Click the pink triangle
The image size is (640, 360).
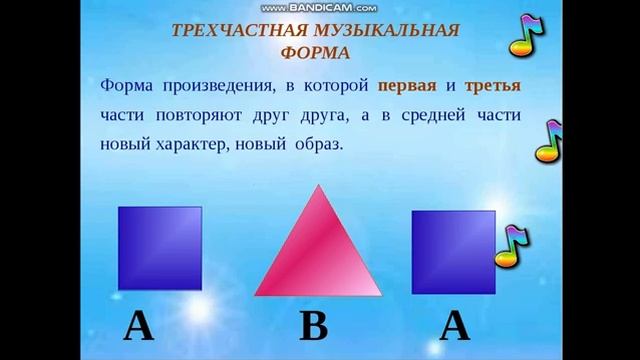click(320, 250)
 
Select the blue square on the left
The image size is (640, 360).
click(160, 246)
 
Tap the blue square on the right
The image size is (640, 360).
click(452, 250)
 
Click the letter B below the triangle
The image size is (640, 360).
click(315, 327)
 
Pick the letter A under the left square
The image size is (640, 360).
click(138, 327)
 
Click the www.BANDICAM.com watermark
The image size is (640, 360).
click(319, 7)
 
